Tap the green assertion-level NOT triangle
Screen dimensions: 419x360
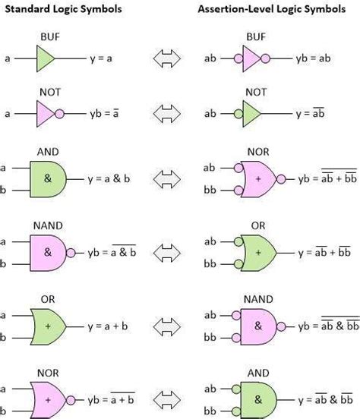tap(251, 114)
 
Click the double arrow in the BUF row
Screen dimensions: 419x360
tap(169, 58)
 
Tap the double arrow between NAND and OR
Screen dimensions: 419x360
tap(169, 253)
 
